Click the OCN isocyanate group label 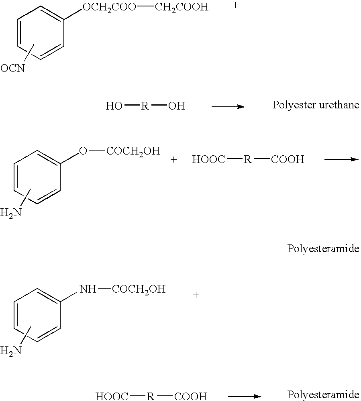pyautogui.click(x=12, y=68)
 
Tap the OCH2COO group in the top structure pyautogui.click(x=110, y=7)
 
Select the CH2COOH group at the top pyautogui.click(x=182, y=7)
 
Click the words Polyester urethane pyautogui.click(x=316, y=105)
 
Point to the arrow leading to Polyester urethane pyautogui.click(x=228, y=106)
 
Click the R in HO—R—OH pyautogui.click(x=145, y=106)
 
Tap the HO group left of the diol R pyautogui.click(x=114, y=106)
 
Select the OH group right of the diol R pyautogui.click(x=177, y=106)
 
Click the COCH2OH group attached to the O pyautogui.click(x=133, y=151)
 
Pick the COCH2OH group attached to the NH pyautogui.click(x=139, y=289)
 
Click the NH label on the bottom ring pyautogui.click(x=88, y=289)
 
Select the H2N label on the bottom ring pyautogui.click(x=11, y=350)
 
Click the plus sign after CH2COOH pyautogui.click(x=235, y=5)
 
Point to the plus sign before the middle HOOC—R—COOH pyautogui.click(x=174, y=160)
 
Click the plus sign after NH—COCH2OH pyautogui.click(x=196, y=295)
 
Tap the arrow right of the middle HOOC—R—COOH pyautogui.click(x=341, y=159)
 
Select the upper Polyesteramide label pyautogui.click(x=323, y=248)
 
